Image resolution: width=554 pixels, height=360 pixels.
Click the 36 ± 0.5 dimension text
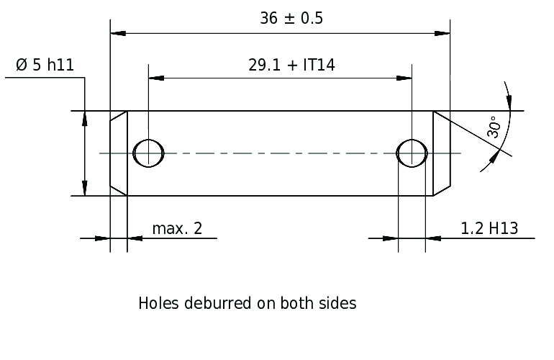[x=291, y=19]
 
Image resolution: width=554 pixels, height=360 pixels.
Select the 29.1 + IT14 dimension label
[x=291, y=65]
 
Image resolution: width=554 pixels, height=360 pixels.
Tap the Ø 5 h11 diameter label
[x=45, y=65]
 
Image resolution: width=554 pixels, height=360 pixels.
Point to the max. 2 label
[x=177, y=228]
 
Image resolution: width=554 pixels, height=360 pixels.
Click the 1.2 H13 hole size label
[x=489, y=228]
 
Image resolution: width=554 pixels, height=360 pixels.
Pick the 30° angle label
[x=494, y=127]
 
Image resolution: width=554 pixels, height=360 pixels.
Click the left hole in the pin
[x=148, y=153]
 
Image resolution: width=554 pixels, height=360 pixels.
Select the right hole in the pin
[x=412, y=153]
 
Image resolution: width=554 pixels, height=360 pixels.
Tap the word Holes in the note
[x=158, y=303]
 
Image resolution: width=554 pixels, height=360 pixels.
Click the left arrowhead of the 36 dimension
[x=118, y=33]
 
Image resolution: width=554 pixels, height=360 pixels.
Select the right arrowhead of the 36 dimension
[x=442, y=33]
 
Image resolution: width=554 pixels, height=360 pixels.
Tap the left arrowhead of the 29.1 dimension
[x=156, y=78]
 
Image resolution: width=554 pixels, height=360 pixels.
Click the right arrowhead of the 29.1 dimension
[x=404, y=78]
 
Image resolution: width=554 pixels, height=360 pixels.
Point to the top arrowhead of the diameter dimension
[x=84, y=119]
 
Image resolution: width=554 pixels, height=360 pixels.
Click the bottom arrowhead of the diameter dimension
[x=84, y=188]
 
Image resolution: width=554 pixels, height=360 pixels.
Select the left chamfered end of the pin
[x=119, y=153]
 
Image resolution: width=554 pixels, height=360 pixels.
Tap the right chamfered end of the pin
[x=442, y=153]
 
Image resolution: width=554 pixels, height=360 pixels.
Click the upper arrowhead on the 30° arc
[x=509, y=102]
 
